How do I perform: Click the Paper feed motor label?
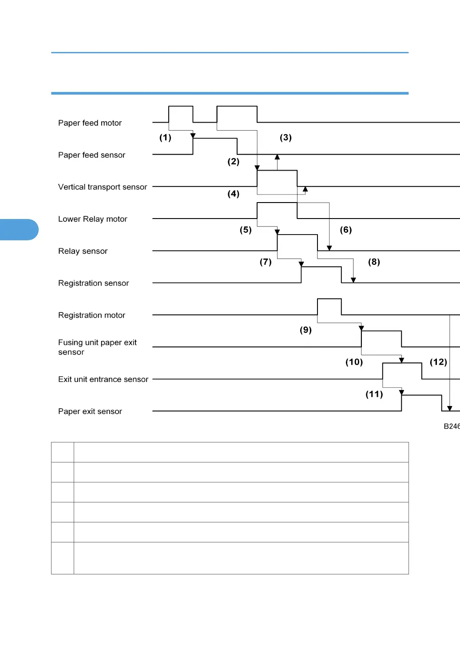pyautogui.click(x=90, y=123)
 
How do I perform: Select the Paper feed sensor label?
pyautogui.click(x=91, y=155)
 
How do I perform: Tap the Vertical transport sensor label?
pyautogui.click(x=103, y=187)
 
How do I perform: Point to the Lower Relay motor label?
pyautogui.click(x=92, y=219)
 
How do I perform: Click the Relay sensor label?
pyautogui.click(x=83, y=251)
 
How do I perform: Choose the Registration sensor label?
pyautogui.click(x=93, y=283)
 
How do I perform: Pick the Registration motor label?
pyautogui.click(x=91, y=315)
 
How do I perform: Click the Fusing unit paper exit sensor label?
pyautogui.click(x=97, y=347)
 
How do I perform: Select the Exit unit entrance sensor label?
pyautogui.click(x=103, y=379)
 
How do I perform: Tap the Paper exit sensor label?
pyautogui.click(x=90, y=411)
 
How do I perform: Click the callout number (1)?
pyautogui.click(x=165, y=138)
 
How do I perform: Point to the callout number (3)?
pyautogui.click(x=286, y=138)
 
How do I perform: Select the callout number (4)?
pyautogui.click(x=234, y=194)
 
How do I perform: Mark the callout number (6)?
pyautogui.click(x=346, y=230)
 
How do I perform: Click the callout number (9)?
pyautogui.click(x=305, y=330)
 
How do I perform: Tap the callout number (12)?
pyautogui.click(x=438, y=362)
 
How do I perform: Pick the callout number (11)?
pyautogui.click(x=374, y=394)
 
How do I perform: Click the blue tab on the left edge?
pyautogui.click(x=19, y=230)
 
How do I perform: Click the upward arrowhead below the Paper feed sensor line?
pyautogui.click(x=277, y=157)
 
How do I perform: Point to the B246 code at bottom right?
pyautogui.click(x=452, y=426)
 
